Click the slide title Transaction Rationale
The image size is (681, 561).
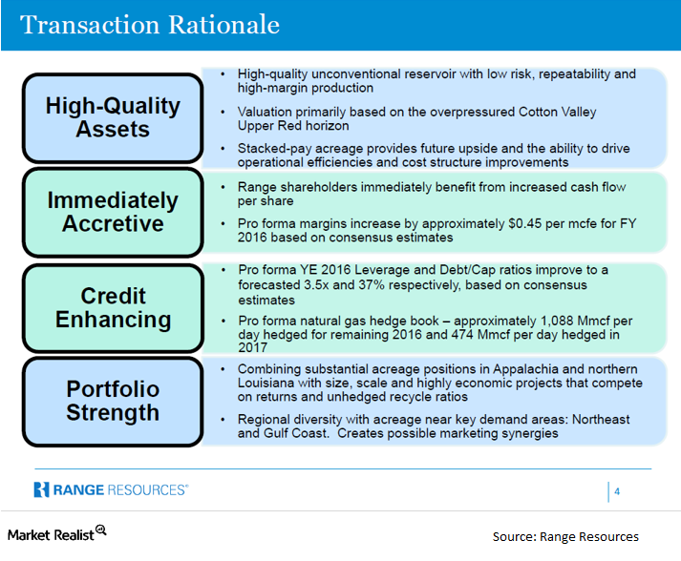click(150, 24)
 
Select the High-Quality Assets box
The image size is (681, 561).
click(113, 117)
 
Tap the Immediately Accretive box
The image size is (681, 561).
click(113, 212)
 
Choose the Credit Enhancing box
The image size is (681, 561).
click(113, 307)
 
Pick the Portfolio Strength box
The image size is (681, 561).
click(113, 401)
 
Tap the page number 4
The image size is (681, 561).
click(617, 491)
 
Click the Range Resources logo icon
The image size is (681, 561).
click(41, 489)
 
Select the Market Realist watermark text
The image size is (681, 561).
click(50, 534)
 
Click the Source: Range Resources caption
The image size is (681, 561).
click(565, 536)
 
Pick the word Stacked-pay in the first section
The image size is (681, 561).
click(271, 149)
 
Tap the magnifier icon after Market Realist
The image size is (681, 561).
click(100, 531)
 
